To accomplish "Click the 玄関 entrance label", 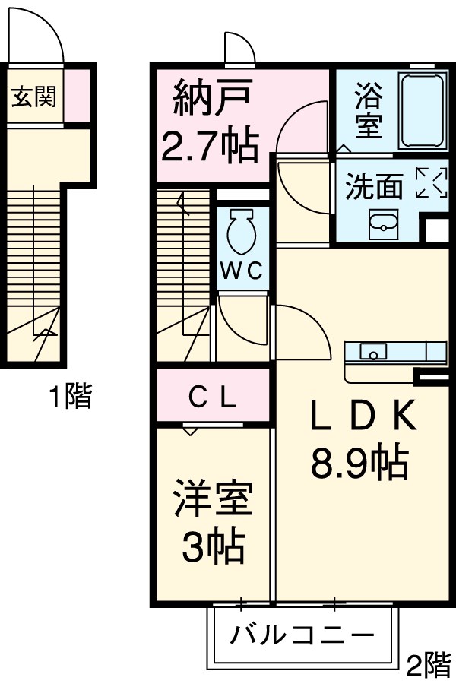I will pyautogui.click(x=34, y=97).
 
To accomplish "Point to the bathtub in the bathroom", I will pyautogui.click(x=423, y=112).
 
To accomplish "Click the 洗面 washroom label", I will pyautogui.click(x=374, y=186).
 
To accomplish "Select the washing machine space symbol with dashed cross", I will pyautogui.click(x=431, y=183).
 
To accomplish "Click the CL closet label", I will pyautogui.click(x=213, y=397).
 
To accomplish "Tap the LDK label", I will pyautogui.click(x=360, y=416).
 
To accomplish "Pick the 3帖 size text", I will pyautogui.click(x=212, y=545).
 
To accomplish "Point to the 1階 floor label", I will pyautogui.click(x=70, y=396).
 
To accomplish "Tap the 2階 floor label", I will pyautogui.click(x=428, y=666).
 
